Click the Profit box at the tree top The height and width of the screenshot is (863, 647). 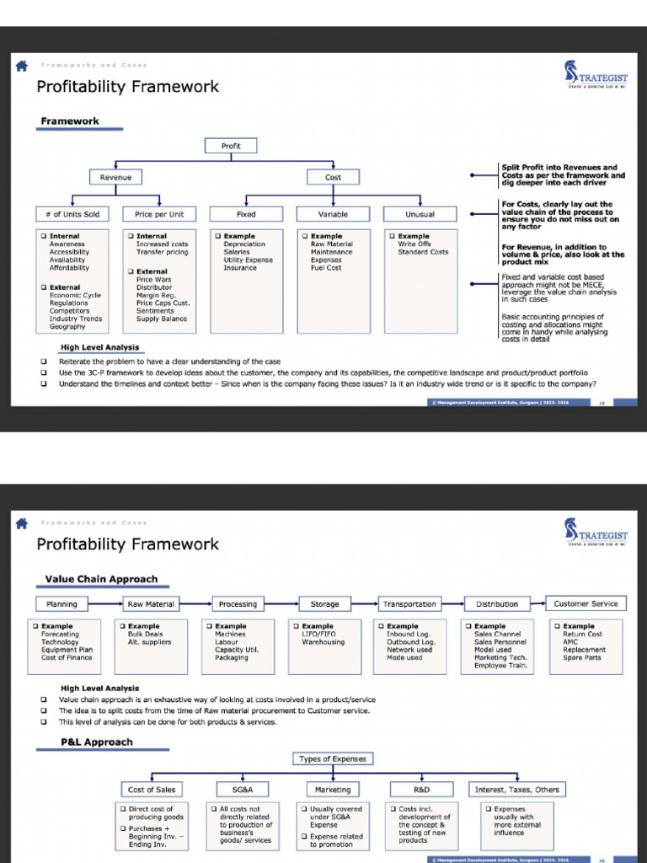coord(231,146)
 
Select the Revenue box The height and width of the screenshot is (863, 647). coord(115,177)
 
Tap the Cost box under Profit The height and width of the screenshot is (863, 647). coord(333,177)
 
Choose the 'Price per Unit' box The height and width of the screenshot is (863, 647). coord(159,214)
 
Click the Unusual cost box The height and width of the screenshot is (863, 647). coord(420,214)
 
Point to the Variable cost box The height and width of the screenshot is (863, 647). coord(333,214)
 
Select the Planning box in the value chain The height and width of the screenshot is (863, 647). coord(61,604)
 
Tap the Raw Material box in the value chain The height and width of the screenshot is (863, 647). coord(151,604)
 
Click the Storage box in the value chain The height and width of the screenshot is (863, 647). coord(324,604)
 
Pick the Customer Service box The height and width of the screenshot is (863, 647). coord(586,603)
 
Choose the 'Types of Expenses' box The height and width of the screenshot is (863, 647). coord(333,758)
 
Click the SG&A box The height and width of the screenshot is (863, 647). coord(243,790)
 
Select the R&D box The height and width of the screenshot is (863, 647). coord(422,790)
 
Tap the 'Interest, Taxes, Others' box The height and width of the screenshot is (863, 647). coord(516,790)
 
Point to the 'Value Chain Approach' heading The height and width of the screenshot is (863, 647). coord(101,579)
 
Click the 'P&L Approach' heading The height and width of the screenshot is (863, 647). coord(96,742)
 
